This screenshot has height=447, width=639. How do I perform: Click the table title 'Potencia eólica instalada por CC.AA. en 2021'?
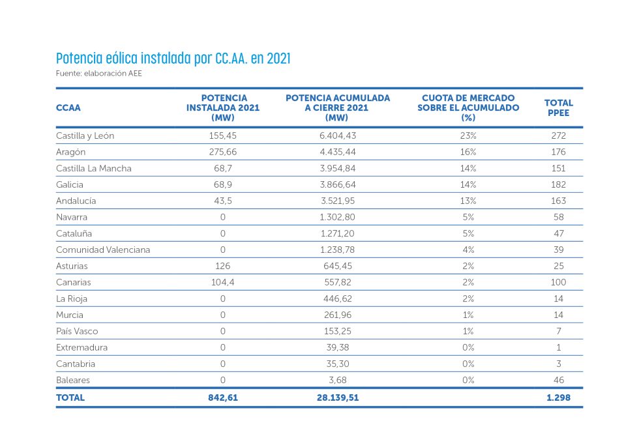(173, 59)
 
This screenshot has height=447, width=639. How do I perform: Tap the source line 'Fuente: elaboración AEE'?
(99, 74)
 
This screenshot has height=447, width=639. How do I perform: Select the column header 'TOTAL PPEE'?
(558, 108)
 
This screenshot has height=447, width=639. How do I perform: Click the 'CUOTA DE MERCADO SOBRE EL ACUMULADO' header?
(468, 108)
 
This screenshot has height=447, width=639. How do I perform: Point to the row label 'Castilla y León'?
(85, 136)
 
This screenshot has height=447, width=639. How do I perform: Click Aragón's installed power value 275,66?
(222, 152)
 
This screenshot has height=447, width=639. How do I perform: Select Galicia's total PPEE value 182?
(558, 184)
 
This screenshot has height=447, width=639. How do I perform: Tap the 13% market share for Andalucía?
(468, 201)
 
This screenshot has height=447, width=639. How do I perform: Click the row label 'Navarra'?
(72, 217)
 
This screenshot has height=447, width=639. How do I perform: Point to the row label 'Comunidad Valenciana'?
(103, 250)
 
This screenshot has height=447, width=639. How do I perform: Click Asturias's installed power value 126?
(222, 266)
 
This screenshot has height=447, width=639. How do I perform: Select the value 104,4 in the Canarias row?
(222, 282)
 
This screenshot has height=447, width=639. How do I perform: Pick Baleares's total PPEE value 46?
(558, 380)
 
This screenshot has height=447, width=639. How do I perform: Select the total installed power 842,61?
(222, 397)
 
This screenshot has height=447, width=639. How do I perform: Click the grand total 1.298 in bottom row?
(558, 397)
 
